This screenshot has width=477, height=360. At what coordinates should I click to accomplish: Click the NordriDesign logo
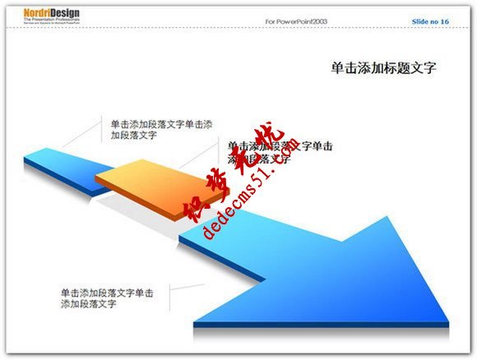click(x=39, y=18)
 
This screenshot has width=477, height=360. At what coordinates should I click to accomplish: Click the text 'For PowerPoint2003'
click(x=296, y=21)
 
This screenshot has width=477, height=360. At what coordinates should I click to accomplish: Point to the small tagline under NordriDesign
click(x=38, y=26)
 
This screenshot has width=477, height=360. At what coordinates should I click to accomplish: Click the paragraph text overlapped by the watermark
click(x=280, y=152)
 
